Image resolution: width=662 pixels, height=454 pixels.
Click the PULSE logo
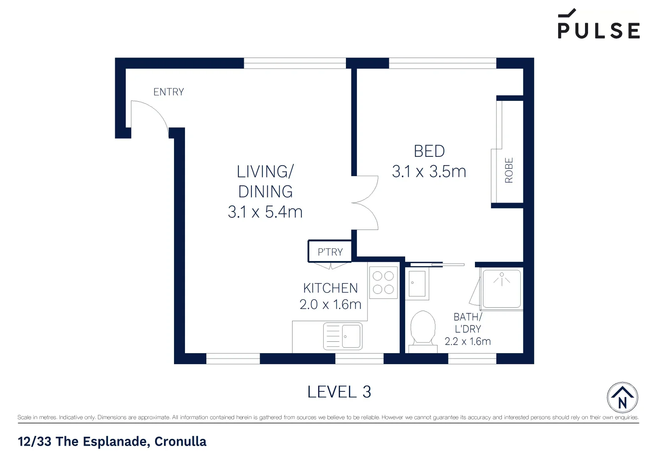coord(599,24)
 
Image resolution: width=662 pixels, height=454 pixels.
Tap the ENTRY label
coord(169,92)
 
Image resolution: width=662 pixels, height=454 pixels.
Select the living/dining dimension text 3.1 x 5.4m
coord(265,212)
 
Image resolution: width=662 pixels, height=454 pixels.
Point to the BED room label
coord(429,151)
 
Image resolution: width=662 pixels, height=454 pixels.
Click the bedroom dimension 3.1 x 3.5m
coord(429,172)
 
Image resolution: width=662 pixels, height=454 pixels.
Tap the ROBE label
coord(509,170)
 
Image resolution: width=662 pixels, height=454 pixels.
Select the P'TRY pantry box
coord(330,251)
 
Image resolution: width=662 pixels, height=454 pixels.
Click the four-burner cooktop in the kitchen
coord(383,282)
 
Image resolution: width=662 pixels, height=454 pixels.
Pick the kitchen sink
coord(343,336)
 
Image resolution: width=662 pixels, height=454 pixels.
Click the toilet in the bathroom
coord(423,332)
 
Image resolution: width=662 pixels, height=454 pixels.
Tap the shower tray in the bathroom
coord(501,289)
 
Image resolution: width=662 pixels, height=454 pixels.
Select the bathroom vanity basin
coord(417,283)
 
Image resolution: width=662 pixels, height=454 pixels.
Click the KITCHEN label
coord(330,288)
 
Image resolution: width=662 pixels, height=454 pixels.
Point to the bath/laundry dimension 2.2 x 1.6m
coord(467,341)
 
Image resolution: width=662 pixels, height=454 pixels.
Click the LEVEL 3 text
coord(339,392)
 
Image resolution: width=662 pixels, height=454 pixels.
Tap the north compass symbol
coord(622,398)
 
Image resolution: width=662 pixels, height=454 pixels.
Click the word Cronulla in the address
coord(180,441)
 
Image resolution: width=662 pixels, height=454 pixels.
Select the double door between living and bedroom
coord(365,203)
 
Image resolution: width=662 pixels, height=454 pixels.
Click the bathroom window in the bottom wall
coord(472,359)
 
